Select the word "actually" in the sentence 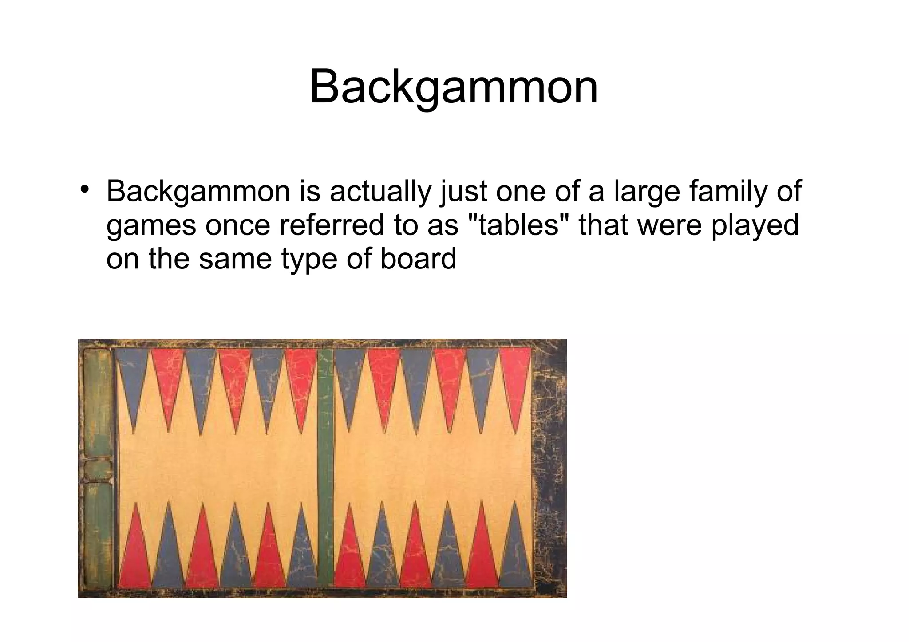click(x=380, y=192)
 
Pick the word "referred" click(x=332, y=225)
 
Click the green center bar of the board click(x=326, y=466)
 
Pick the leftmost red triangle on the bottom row click(x=135, y=555)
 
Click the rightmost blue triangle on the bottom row click(x=515, y=555)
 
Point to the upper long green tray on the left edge click(x=98, y=404)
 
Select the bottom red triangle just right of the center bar click(x=350, y=555)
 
